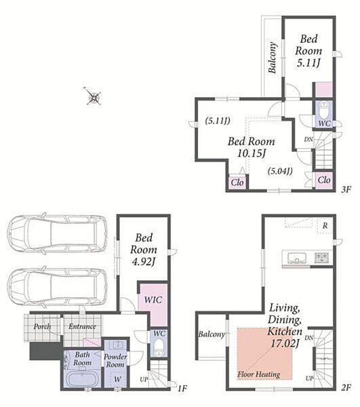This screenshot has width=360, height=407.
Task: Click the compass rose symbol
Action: click(x=94, y=97)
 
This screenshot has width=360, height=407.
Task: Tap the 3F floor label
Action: click(x=346, y=189)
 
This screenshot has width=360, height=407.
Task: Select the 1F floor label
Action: click(x=182, y=388)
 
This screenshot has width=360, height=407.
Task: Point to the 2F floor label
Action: click(x=346, y=388)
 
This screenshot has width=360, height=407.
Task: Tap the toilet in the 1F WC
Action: click(x=159, y=349)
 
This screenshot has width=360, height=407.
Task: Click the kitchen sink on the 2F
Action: click(x=297, y=258)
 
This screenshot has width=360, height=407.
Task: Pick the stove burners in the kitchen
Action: click(x=321, y=257)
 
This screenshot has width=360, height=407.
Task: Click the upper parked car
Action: click(x=57, y=233)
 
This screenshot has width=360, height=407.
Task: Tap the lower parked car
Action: click(x=57, y=286)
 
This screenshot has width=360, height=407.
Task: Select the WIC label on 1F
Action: click(x=153, y=300)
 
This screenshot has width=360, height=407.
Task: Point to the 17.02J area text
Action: click(x=285, y=343)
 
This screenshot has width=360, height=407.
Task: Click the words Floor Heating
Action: click(x=258, y=374)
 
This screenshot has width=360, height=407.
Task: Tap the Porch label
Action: click(x=42, y=326)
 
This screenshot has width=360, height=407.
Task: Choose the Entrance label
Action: click(x=82, y=326)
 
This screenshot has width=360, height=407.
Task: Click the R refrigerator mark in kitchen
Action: click(x=325, y=226)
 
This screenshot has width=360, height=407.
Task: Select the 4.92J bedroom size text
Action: click(x=144, y=262)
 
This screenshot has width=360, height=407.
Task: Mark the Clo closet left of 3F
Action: click(x=237, y=182)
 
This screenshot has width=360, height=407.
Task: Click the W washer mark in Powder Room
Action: click(x=117, y=379)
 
